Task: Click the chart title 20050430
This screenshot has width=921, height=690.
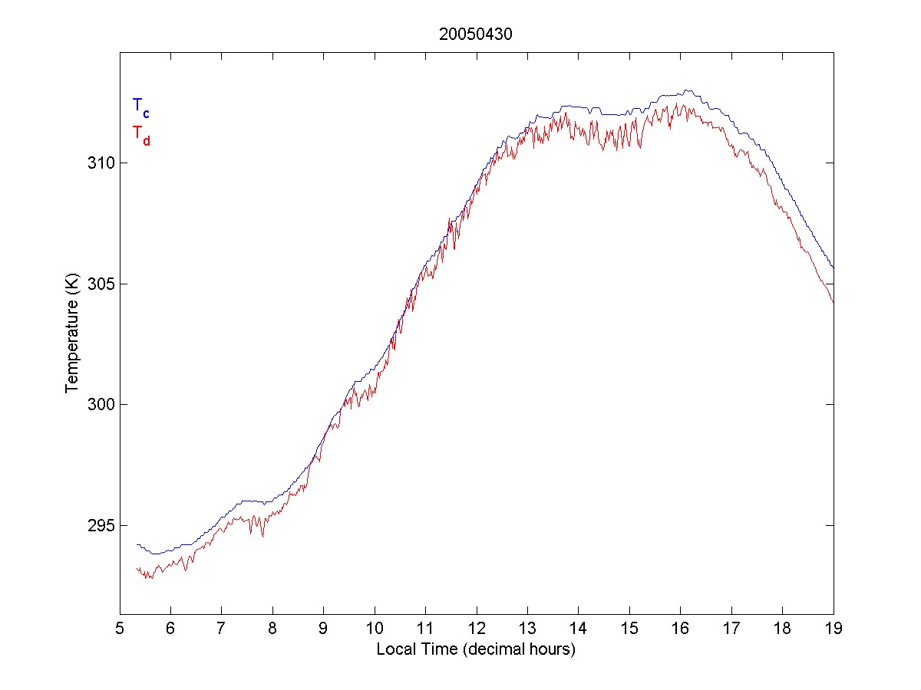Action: (x=475, y=34)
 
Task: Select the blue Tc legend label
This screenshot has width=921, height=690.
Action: (x=140, y=107)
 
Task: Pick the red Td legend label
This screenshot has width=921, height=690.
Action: (x=140, y=133)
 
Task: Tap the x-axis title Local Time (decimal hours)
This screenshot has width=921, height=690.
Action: (x=476, y=649)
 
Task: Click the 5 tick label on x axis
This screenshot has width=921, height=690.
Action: (x=120, y=628)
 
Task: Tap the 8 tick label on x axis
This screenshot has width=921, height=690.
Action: (x=272, y=628)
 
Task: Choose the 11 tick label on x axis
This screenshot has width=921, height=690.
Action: (x=425, y=628)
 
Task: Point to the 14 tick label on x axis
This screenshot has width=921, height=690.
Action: (x=578, y=628)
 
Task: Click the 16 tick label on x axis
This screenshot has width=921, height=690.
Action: (x=680, y=628)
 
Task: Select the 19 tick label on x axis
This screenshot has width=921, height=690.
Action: (x=833, y=628)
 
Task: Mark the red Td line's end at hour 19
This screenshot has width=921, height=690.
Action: (x=833, y=302)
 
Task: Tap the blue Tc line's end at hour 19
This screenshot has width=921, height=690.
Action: (x=833, y=268)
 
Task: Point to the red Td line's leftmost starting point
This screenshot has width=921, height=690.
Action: (x=137, y=569)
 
